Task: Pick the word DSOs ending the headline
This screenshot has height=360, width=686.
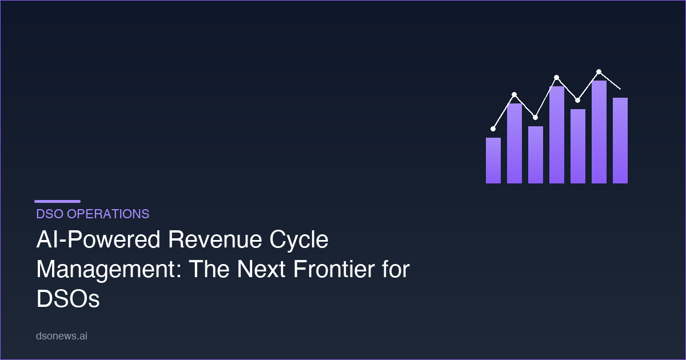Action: coord(68,298)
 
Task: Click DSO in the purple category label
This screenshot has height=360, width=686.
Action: coord(49,214)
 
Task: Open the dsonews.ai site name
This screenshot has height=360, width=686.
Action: coord(61,337)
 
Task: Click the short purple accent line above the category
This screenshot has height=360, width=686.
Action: coord(57,201)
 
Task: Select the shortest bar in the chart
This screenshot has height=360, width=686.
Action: coord(493,161)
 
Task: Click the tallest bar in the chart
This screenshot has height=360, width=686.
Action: coord(599,132)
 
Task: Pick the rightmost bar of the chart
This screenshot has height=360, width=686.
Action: coord(620,141)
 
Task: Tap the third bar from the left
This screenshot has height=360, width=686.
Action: coord(536,155)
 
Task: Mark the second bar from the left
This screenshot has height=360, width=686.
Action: coord(514,143)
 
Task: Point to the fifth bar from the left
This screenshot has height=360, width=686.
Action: coord(578,146)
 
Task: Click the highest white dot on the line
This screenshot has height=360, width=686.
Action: coord(599,71)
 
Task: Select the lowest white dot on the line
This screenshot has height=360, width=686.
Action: coord(493,129)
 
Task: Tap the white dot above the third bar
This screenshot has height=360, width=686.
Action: coord(536,117)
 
